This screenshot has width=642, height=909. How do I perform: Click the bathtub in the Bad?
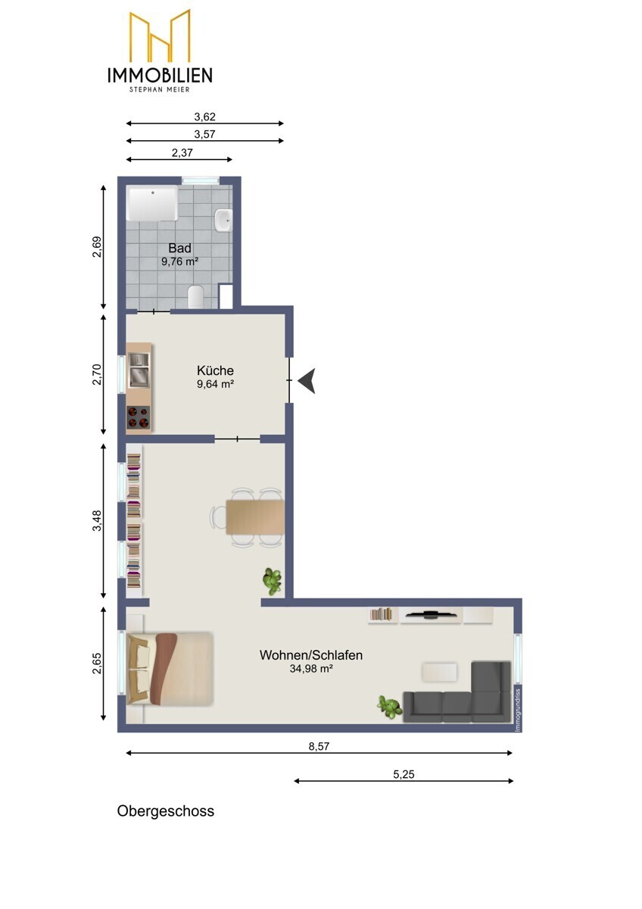pyautogui.click(x=152, y=203)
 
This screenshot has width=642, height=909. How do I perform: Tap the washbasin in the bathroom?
pyautogui.click(x=223, y=220)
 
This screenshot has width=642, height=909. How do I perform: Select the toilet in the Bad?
pyautogui.click(x=196, y=297)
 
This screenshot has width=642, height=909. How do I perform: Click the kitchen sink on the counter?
pyautogui.click(x=139, y=370)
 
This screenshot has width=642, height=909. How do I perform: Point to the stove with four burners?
pyautogui.click(x=139, y=417)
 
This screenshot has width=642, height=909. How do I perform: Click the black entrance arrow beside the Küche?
pyautogui.click(x=307, y=380)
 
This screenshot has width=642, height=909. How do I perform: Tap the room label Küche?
pyautogui.click(x=215, y=370)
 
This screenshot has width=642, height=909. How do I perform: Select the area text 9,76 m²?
pyautogui.click(x=179, y=261)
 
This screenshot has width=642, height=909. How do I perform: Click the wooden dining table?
pyautogui.click(x=255, y=517)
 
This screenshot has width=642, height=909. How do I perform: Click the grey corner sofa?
pyautogui.click(x=457, y=692)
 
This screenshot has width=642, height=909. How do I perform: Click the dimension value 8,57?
pyautogui.click(x=319, y=746)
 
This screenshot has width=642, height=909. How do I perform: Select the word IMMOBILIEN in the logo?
pyautogui.click(x=160, y=75)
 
